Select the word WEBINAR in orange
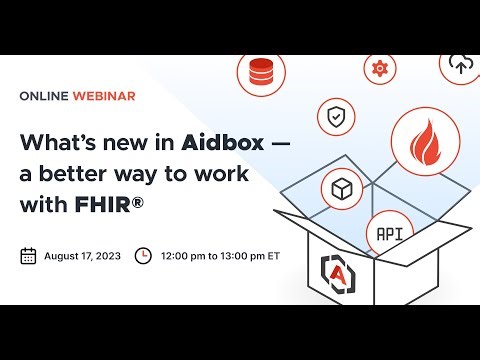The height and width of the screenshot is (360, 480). [x=104, y=96]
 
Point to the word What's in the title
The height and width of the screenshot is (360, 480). [x=53, y=142]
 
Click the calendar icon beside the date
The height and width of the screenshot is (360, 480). [x=28, y=255]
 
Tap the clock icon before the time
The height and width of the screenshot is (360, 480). [x=143, y=255]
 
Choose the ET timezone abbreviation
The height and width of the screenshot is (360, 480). [x=274, y=255]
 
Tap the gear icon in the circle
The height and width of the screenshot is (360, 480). [x=379, y=68]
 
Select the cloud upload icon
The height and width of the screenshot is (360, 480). [x=460, y=64]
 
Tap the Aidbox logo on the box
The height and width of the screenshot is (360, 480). [x=335, y=269]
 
